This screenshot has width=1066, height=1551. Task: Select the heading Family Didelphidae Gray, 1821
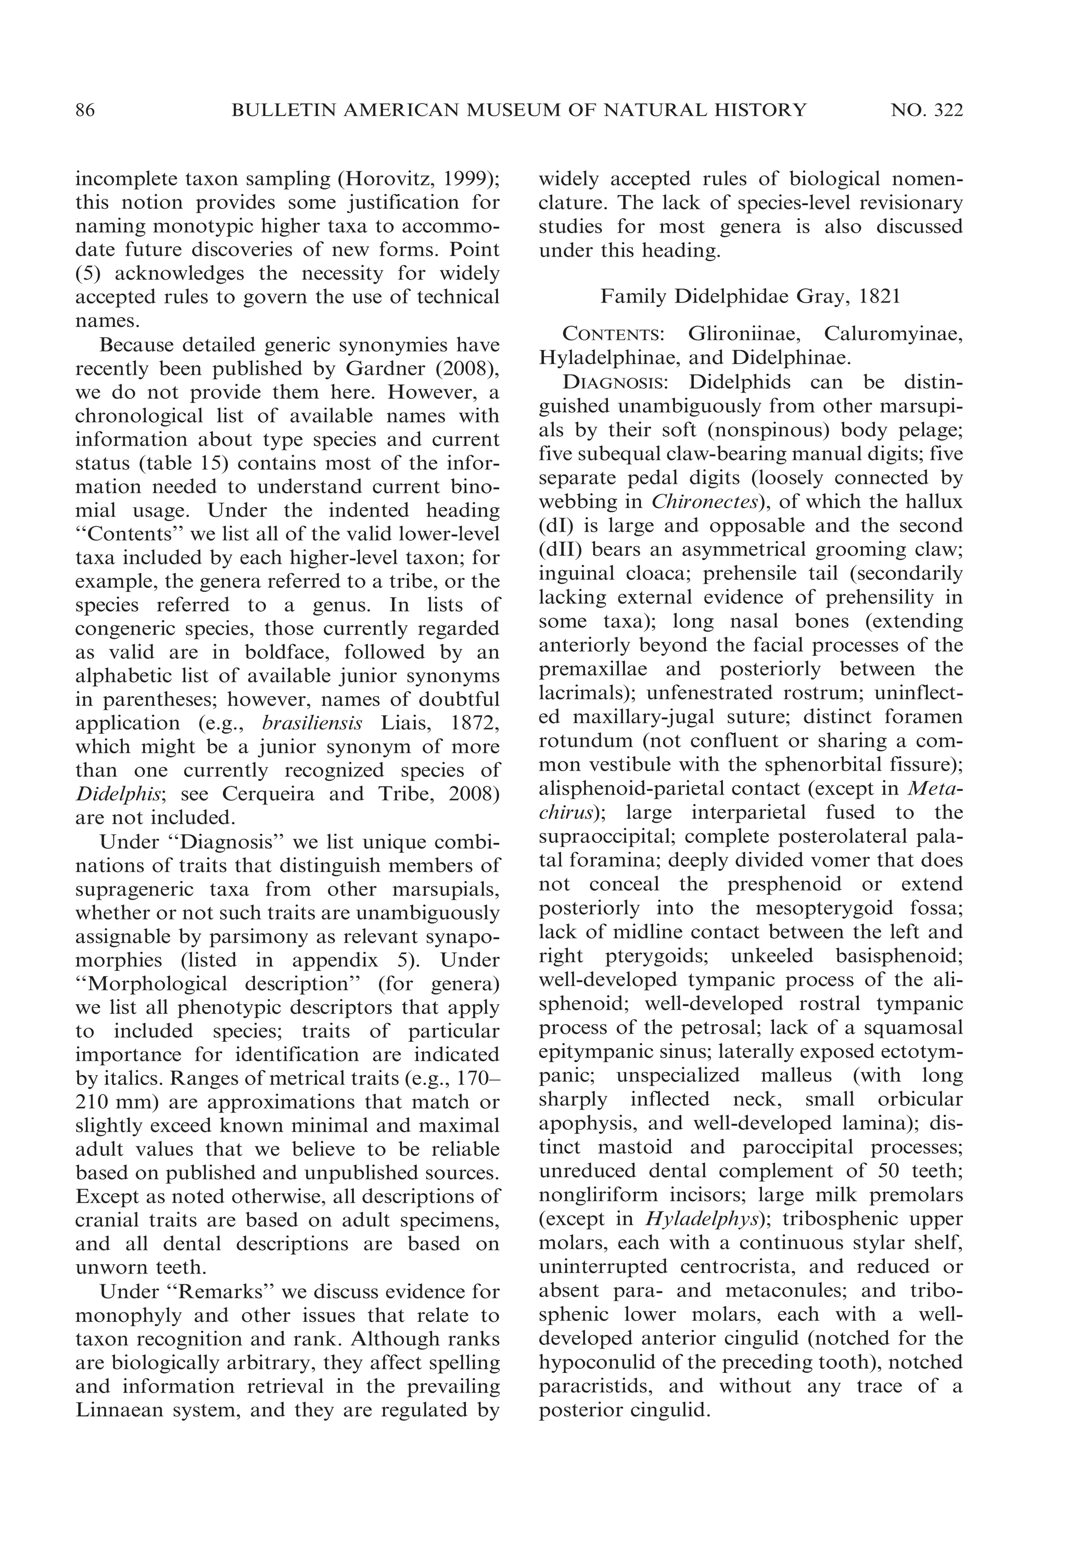pyautogui.click(x=750, y=296)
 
